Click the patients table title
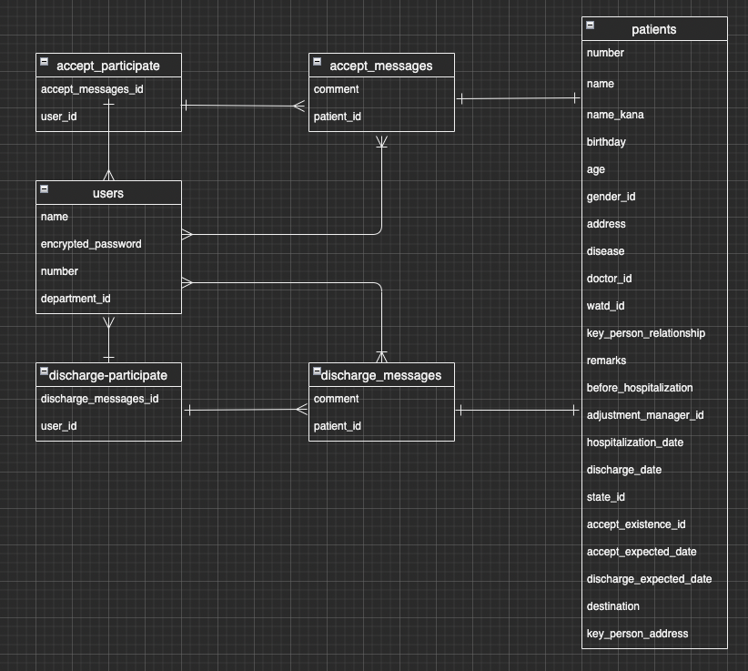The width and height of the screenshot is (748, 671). [x=653, y=29]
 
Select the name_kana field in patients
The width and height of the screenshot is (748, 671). [x=615, y=115]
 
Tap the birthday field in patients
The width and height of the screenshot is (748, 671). [x=606, y=142]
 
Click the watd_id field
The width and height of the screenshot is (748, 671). [x=605, y=306]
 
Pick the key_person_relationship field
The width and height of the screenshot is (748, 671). [x=645, y=333]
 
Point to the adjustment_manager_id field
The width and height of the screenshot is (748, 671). [x=645, y=415]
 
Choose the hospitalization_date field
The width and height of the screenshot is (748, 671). [x=635, y=442]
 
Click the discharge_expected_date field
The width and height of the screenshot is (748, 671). [x=649, y=579]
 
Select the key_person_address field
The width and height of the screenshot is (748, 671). [x=637, y=634]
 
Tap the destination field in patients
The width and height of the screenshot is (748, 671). [x=612, y=606]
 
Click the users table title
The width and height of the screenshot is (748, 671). [x=108, y=193]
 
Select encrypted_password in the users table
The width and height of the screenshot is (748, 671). [x=91, y=244]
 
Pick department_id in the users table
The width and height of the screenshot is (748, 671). [x=76, y=299]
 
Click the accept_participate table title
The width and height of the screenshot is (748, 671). [x=108, y=66]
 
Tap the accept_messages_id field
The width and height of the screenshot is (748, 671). [x=92, y=89]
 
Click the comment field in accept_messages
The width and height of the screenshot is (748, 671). [x=336, y=89]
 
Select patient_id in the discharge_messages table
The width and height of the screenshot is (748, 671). [x=337, y=426]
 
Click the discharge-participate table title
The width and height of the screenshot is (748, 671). [x=108, y=375]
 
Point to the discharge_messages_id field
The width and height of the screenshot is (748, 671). [x=100, y=399]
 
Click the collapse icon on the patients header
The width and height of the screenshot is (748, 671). [x=591, y=25]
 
